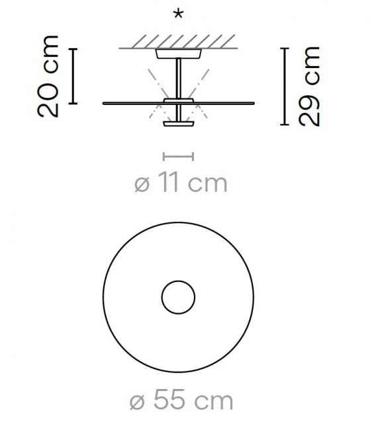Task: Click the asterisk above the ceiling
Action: [x=178, y=15]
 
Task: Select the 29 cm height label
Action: [x=309, y=86]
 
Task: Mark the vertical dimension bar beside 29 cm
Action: [x=285, y=86]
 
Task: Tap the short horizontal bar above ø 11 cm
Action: [x=178, y=157]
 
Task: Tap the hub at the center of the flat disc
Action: [x=178, y=102]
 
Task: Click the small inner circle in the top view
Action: [x=178, y=297]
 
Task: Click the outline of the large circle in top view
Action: [x=105, y=297]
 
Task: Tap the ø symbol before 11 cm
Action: [x=142, y=184]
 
